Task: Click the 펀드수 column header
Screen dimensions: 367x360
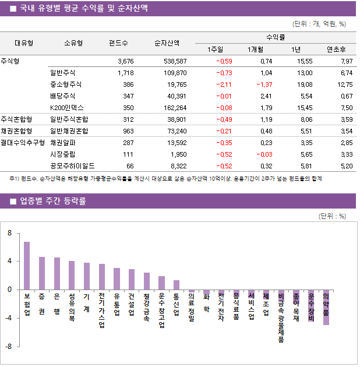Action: tap(118, 43)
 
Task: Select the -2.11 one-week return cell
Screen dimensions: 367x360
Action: tap(224, 84)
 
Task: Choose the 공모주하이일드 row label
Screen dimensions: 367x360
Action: tap(72, 165)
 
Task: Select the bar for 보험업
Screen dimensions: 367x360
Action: tap(27, 266)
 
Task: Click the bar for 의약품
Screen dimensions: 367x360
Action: tap(326, 307)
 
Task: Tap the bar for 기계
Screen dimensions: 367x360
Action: tap(87, 276)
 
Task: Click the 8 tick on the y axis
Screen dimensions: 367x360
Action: tap(9, 233)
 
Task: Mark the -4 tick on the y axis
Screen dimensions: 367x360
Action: tap(8, 318)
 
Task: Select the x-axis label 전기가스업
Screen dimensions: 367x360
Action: tap(101, 310)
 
